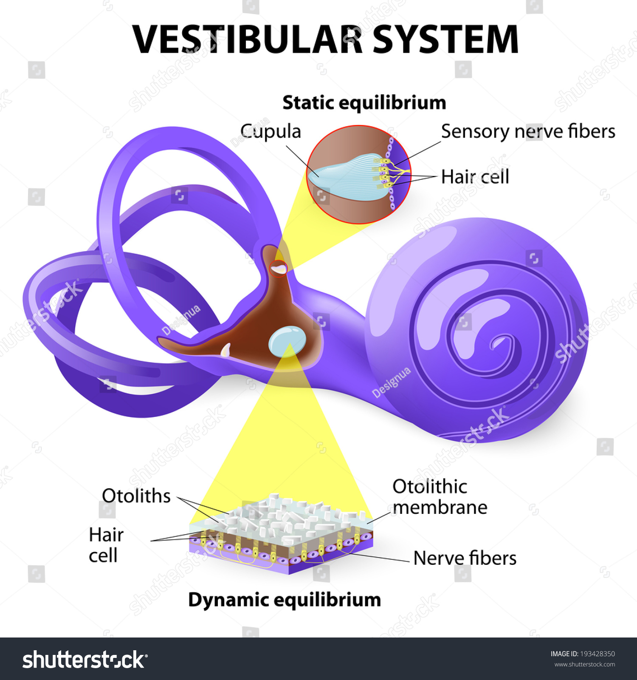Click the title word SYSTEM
coord(445,39)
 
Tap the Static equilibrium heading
coord(364,103)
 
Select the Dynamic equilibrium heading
coord(285,600)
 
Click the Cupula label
coord(271,131)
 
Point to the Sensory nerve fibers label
coord(528,131)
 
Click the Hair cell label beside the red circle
coord(475,176)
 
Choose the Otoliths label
coord(136,496)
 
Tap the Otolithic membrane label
coord(440,497)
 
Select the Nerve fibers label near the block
coord(465,558)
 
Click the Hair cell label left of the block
coord(105,545)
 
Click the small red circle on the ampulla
coord(279,268)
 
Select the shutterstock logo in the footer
coord(85,660)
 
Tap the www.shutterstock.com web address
coord(584,665)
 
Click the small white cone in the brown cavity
coord(225,350)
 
